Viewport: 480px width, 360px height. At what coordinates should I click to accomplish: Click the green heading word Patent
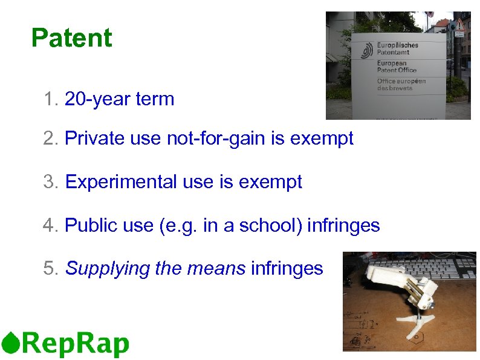click(x=71, y=38)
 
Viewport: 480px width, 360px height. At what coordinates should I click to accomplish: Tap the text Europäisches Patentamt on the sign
click(x=397, y=49)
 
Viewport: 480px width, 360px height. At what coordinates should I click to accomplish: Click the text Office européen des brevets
click(x=401, y=84)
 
